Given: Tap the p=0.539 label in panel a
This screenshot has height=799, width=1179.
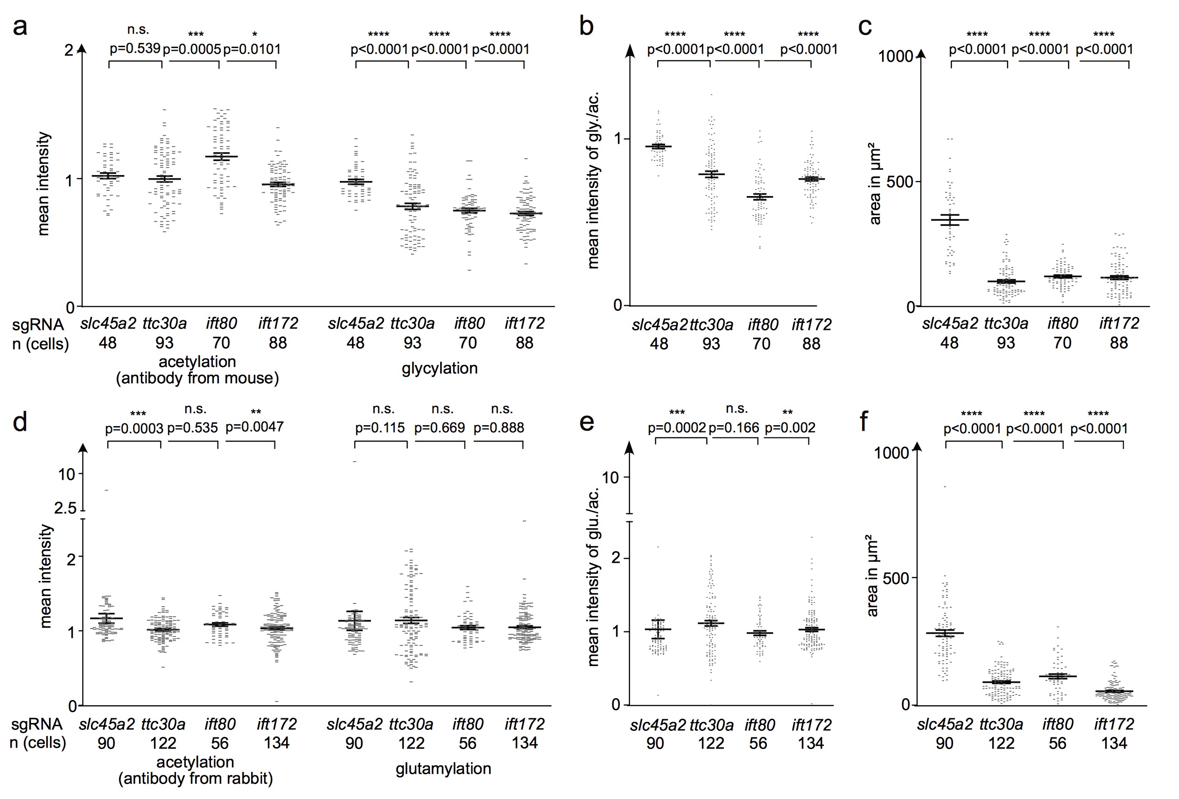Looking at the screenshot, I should pyautogui.click(x=135, y=49).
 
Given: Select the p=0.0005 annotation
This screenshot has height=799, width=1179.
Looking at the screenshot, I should pyautogui.click(x=192, y=49).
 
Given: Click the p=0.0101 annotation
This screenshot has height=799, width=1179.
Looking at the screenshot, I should pyautogui.click(x=252, y=49).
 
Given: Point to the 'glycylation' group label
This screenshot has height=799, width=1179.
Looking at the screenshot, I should pyautogui.click(x=439, y=368).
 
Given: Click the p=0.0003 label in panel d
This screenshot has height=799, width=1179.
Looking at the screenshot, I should pyautogui.click(x=134, y=429).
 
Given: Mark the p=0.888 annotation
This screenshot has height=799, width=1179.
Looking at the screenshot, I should pyautogui.click(x=498, y=428).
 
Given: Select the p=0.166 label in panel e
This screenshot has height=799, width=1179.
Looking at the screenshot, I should pyautogui.click(x=734, y=428).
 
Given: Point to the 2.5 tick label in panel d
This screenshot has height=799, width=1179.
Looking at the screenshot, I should pyautogui.click(x=65, y=508).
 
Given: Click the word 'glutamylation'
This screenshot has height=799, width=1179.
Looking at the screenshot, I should pyautogui.click(x=443, y=769).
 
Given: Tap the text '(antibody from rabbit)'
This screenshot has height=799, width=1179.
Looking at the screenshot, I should pyautogui.click(x=195, y=778).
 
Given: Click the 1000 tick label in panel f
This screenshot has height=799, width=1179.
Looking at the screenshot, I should pyautogui.click(x=891, y=453).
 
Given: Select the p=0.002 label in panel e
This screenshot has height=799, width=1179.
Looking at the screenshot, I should pyautogui.click(x=790, y=428).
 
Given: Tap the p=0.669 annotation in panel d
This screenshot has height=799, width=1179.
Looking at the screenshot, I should pyautogui.click(x=439, y=428).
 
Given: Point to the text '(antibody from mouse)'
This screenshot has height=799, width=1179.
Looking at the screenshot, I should pyautogui.click(x=197, y=378).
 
